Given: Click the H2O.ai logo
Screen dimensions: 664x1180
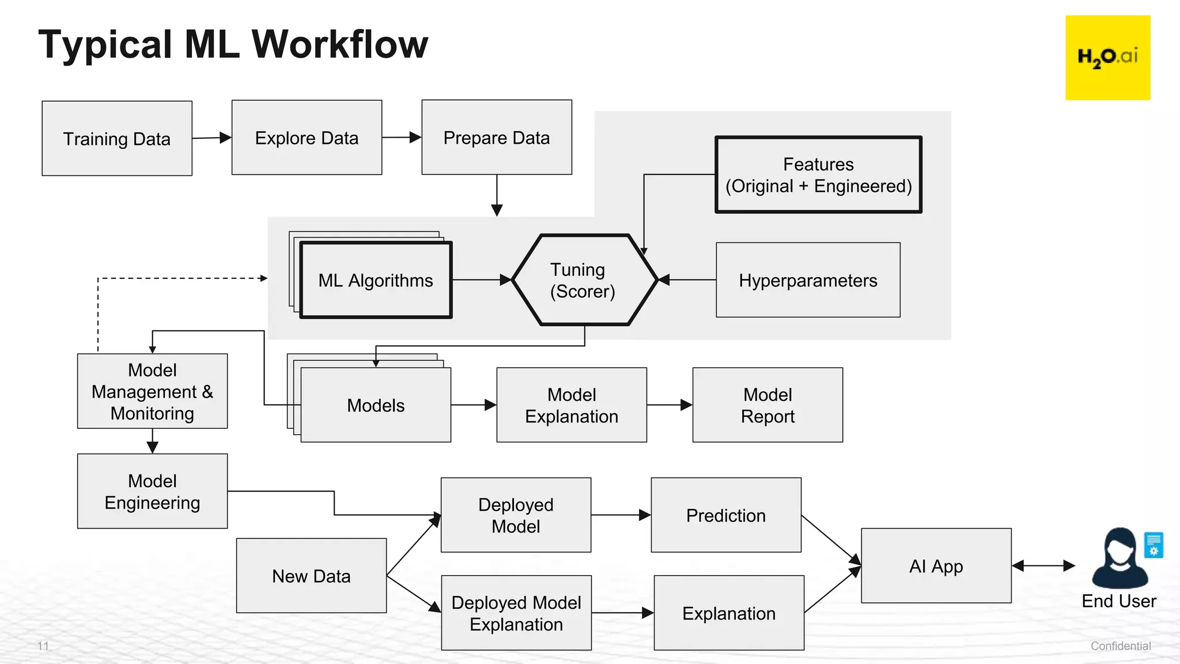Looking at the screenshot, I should tap(1107, 58).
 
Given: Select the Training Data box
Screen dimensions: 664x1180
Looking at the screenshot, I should tap(117, 138).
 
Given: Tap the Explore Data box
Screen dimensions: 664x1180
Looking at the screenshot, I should tap(307, 138).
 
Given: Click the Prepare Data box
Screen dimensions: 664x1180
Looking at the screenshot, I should tap(496, 137).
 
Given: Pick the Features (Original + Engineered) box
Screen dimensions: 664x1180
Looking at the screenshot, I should tap(818, 175).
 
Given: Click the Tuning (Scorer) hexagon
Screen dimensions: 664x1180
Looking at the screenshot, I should tap(584, 280).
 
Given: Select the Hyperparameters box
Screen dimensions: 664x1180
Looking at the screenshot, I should tap(808, 280).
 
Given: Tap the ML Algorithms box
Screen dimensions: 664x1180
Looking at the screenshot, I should tap(376, 281).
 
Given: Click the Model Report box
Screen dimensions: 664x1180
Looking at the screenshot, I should tap(767, 405).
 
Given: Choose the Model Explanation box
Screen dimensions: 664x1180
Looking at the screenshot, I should tap(571, 405).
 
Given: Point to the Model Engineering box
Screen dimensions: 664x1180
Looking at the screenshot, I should tap(152, 491).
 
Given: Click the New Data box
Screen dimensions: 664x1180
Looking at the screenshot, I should tap(311, 576).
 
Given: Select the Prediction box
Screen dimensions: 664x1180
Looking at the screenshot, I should tap(726, 515).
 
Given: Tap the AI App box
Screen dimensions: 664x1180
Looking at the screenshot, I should tap(936, 566).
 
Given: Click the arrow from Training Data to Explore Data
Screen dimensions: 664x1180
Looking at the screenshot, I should tap(211, 138).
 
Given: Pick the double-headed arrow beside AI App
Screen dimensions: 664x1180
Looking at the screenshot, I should tap(1043, 566).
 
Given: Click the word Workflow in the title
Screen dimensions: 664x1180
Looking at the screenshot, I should tap(340, 44).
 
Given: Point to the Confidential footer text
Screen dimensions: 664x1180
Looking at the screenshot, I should tap(1120, 646).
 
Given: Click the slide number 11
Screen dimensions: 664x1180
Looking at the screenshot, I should tap(43, 646).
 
